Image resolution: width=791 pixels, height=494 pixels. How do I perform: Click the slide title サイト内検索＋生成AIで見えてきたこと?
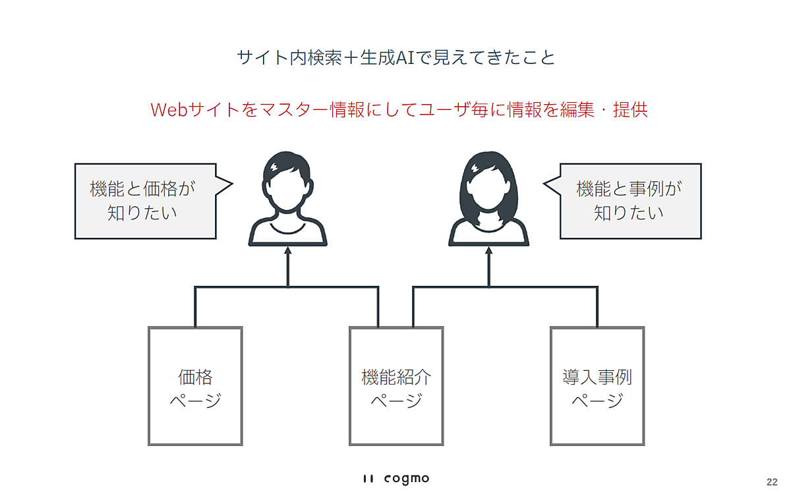click(x=395, y=58)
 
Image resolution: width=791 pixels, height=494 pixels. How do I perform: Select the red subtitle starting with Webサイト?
click(x=399, y=109)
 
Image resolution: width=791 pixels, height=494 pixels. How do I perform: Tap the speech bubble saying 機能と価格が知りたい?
click(x=146, y=201)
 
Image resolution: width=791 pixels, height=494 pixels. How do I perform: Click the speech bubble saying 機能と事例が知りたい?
click(x=630, y=201)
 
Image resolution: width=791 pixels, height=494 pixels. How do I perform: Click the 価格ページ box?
click(x=195, y=386)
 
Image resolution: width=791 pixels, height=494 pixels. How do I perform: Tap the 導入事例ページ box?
click(x=597, y=386)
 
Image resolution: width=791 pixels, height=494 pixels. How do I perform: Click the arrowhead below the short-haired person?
click(x=287, y=252)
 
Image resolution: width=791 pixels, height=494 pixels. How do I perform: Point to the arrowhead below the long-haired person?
click(x=488, y=252)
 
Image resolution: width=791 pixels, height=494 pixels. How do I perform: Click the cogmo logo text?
click(x=406, y=478)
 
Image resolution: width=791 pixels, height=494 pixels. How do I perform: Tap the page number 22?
click(x=771, y=481)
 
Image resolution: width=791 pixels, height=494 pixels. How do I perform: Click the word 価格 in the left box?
click(x=195, y=377)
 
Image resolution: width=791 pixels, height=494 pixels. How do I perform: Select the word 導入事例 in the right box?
click(x=597, y=377)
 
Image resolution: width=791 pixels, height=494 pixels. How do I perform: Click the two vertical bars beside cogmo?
click(x=369, y=479)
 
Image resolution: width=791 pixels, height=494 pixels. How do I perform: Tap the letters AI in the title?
click(x=405, y=58)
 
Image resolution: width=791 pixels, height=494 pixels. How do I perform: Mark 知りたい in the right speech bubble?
click(x=629, y=213)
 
